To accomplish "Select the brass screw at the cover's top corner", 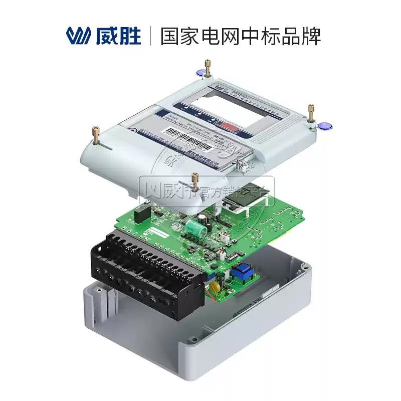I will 207,67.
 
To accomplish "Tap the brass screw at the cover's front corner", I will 195,182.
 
